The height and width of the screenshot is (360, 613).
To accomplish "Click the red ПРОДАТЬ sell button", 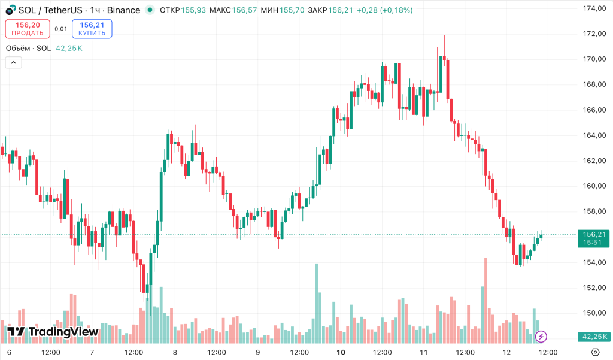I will point(28,29).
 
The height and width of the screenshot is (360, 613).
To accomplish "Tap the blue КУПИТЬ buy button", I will point(92,29).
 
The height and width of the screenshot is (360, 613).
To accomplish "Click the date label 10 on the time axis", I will point(341,352).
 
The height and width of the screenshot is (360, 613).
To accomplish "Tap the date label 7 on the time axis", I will point(92,352).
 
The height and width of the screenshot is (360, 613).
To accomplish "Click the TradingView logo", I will point(53,332).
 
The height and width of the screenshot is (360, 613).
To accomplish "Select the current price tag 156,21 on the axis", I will point(594,234).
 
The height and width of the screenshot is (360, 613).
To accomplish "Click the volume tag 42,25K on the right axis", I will point(594,337).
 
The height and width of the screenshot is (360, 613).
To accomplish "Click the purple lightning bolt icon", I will point(541,337).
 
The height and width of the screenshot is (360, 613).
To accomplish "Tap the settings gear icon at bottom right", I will point(595,352).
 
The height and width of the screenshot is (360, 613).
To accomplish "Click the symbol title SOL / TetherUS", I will point(50,10).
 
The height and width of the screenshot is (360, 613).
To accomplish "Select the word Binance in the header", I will point(124,10).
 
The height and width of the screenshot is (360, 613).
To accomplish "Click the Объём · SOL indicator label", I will point(28,48).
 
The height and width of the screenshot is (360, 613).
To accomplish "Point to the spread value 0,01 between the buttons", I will point(60,29).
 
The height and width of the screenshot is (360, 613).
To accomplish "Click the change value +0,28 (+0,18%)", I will point(384,10).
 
